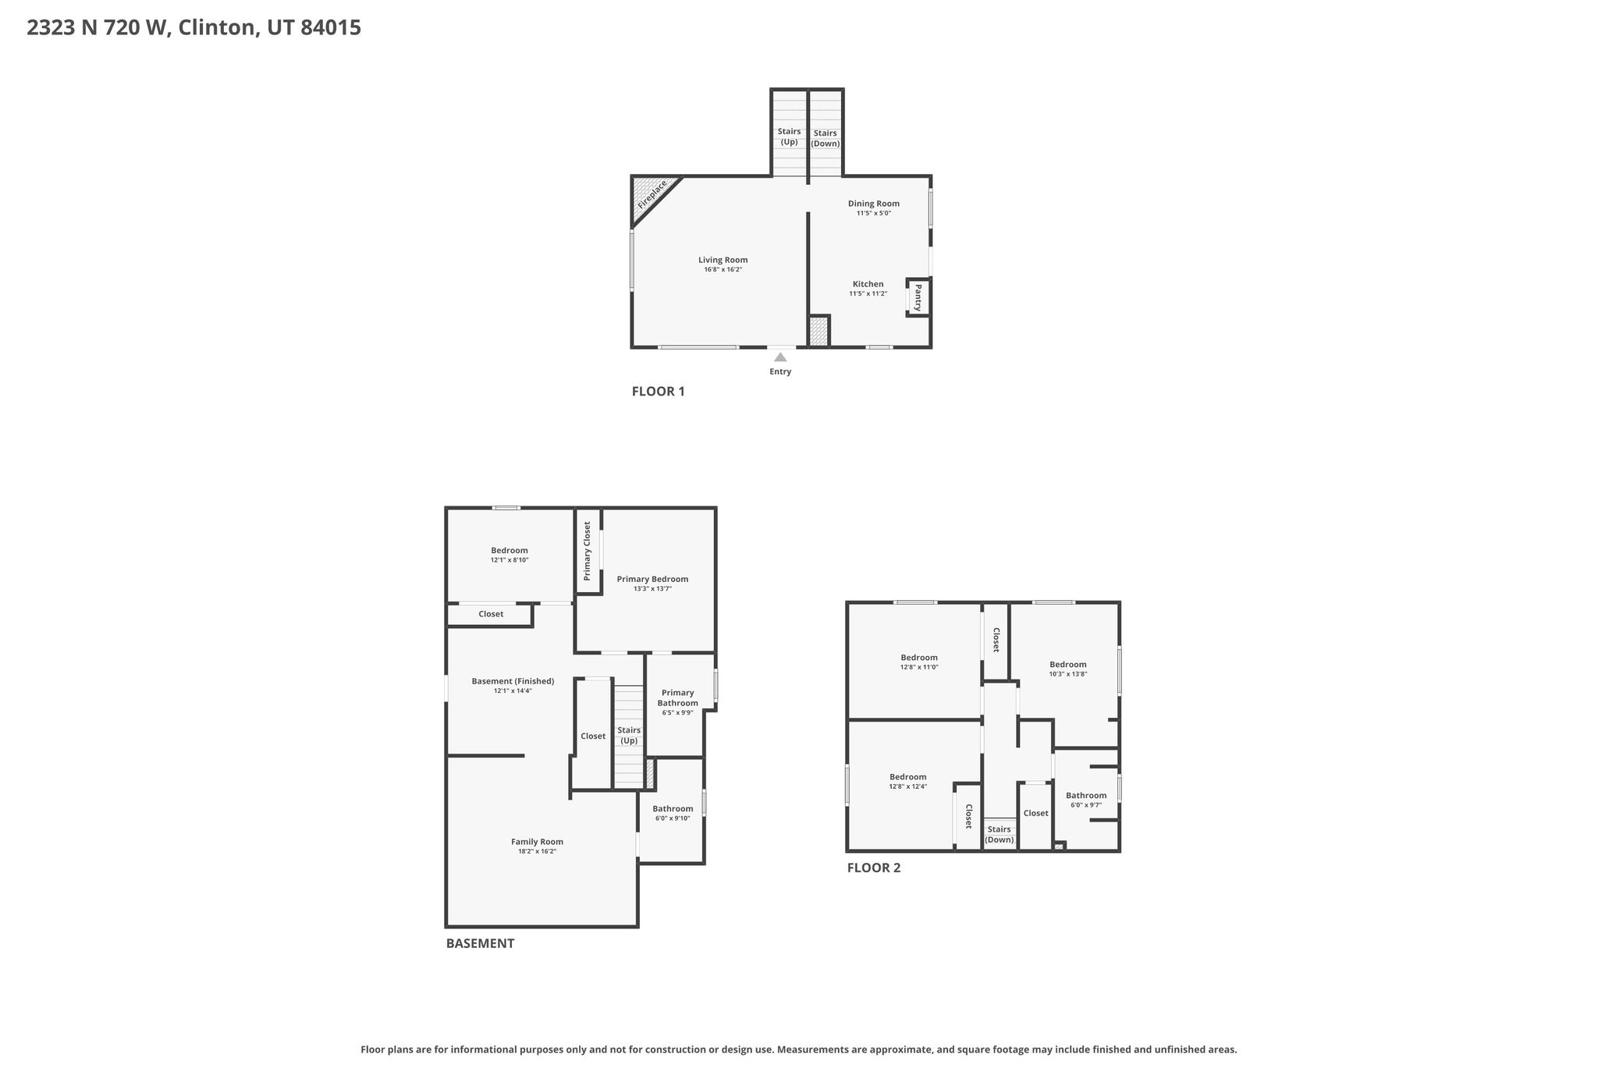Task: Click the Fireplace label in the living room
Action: [x=652, y=194]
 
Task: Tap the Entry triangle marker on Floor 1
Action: [x=780, y=357]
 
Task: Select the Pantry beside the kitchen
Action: [x=918, y=297]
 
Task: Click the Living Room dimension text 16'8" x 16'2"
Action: [x=723, y=270]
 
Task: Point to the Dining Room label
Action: [x=874, y=204]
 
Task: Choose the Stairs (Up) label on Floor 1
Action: [x=790, y=137]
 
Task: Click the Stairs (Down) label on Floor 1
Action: [x=826, y=138]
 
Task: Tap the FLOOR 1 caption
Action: [x=659, y=392]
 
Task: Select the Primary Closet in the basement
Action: [x=588, y=552]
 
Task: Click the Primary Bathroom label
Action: [x=678, y=698]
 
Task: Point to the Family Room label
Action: [x=538, y=842]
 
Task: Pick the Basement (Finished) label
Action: [x=513, y=681]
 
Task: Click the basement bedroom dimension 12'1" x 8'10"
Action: [x=510, y=560]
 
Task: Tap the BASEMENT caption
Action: [x=480, y=943]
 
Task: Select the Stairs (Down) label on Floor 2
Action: [x=1000, y=835]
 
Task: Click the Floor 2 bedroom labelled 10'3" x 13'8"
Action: [x=1068, y=669]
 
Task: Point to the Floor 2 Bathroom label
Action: [x=1086, y=796]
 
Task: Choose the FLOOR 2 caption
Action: [x=874, y=868]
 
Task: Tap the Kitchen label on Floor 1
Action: [x=868, y=284]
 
